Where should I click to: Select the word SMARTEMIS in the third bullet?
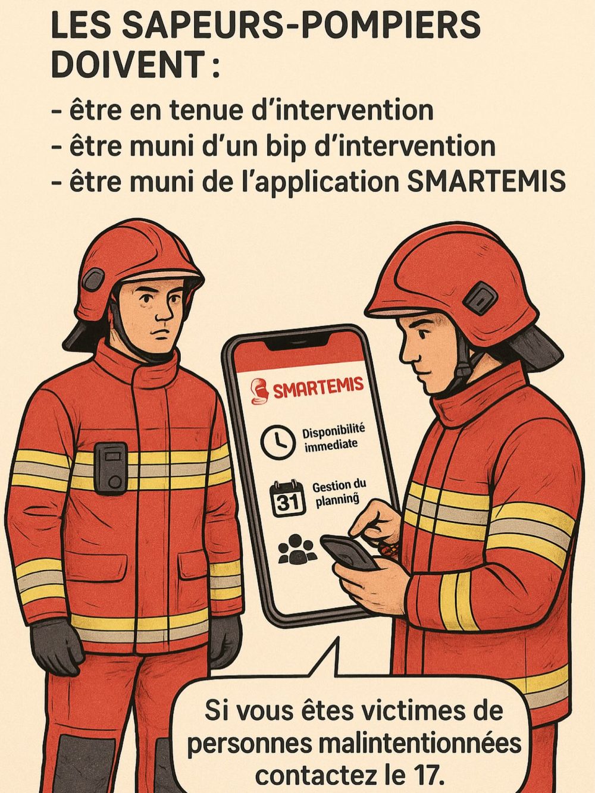coord(486,181)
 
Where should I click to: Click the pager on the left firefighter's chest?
coord(111,468)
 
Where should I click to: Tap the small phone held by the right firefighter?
coord(349,553)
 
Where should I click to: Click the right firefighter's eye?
coord(422,334)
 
